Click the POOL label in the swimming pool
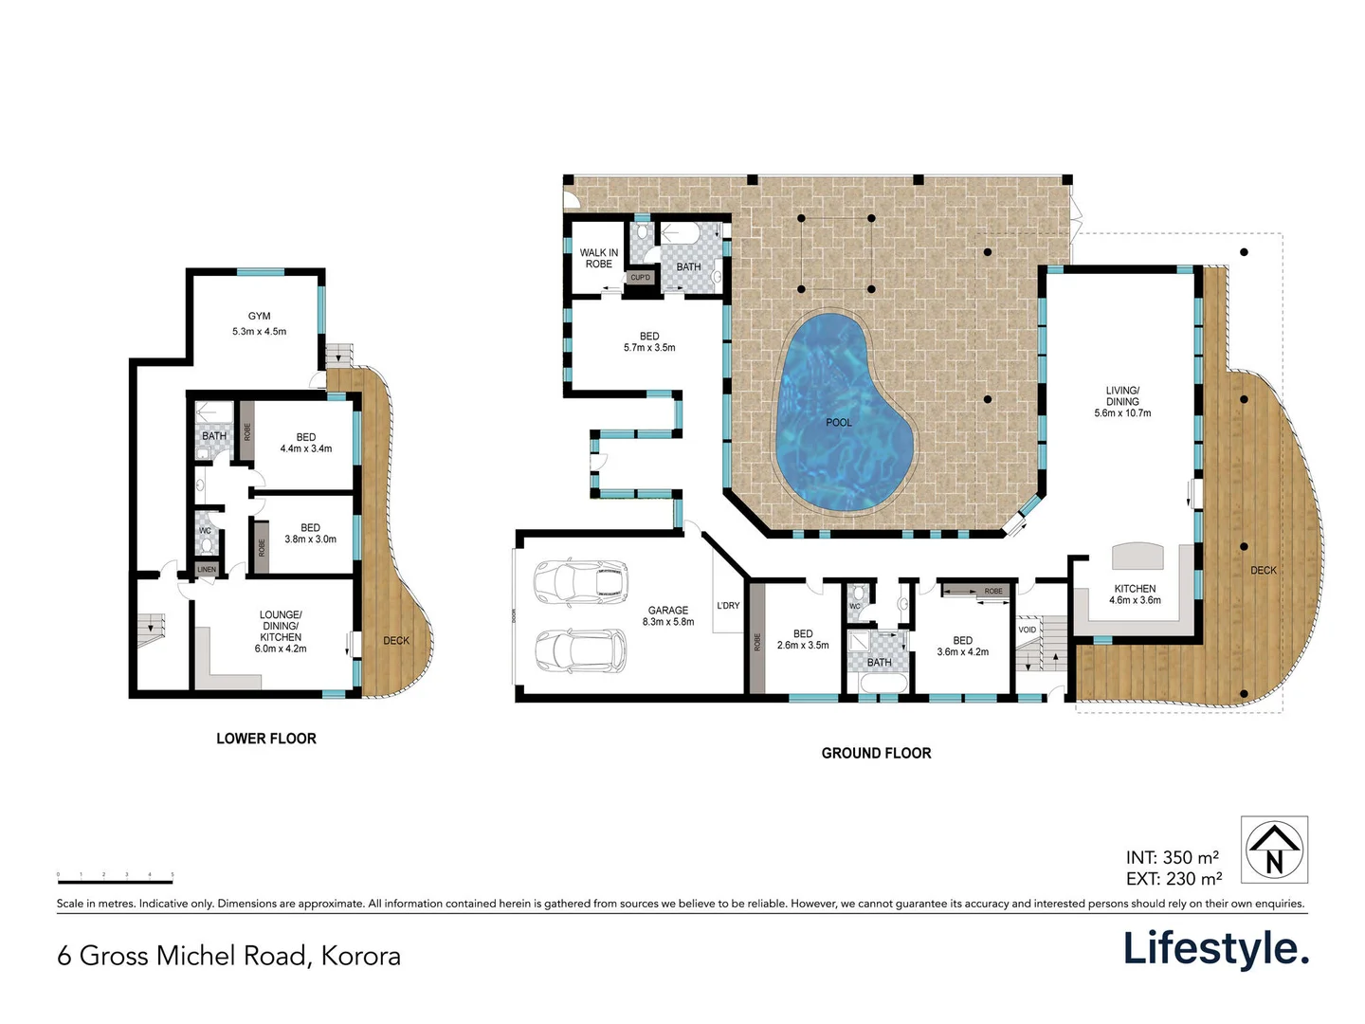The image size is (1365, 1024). click(x=839, y=422)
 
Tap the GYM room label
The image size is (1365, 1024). click(x=259, y=317)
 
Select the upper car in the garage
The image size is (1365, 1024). click(x=581, y=581)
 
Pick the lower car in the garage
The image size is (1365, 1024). click(x=580, y=650)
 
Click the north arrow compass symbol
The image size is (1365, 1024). click(x=1274, y=850)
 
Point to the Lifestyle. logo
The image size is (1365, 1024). click(x=1215, y=948)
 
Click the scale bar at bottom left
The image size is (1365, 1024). click(x=115, y=881)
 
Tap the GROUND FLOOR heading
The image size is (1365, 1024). click(x=876, y=753)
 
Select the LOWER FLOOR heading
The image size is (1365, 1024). click(x=266, y=739)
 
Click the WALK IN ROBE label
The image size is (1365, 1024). click(x=599, y=258)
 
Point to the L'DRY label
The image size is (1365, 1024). click(x=728, y=605)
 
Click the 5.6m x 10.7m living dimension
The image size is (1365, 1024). click(x=1122, y=413)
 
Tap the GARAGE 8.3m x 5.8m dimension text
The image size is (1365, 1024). click(x=668, y=622)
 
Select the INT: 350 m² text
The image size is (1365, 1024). click(x=1173, y=858)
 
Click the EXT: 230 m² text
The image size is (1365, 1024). click(x=1174, y=879)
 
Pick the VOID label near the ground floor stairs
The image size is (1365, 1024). click(x=1028, y=630)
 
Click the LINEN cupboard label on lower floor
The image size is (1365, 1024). click(x=207, y=570)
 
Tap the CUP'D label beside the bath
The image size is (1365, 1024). click(x=641, y=278)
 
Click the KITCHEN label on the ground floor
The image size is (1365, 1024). click(x=1135, y=589)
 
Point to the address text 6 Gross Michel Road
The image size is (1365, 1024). click(x=228, y=955)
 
